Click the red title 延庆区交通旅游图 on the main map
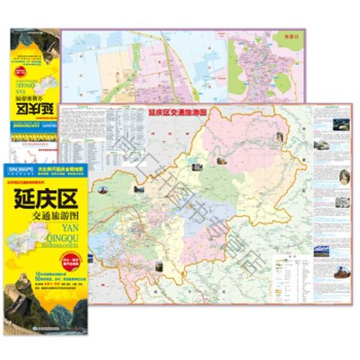(177, 113)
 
